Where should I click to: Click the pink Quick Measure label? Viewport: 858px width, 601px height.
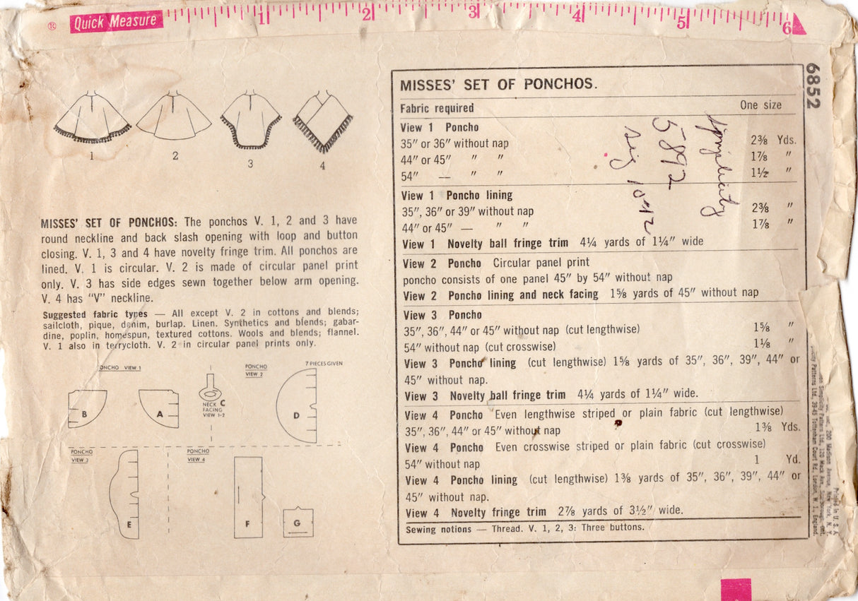pos(115,22)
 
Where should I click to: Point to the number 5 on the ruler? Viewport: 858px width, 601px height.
pos(681,22)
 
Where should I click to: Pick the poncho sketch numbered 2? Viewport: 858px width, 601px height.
pos(174,116)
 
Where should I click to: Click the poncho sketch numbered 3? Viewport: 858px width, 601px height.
pos(251,119)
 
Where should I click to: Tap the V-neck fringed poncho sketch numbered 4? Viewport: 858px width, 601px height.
pos(323,121)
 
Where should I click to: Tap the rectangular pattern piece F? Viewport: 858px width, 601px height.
pos(248,496)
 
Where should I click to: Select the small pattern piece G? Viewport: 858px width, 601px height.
pos(298,522)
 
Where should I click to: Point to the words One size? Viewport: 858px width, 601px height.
pos(760,105)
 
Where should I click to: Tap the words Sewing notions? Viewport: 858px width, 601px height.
pos(438,529)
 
